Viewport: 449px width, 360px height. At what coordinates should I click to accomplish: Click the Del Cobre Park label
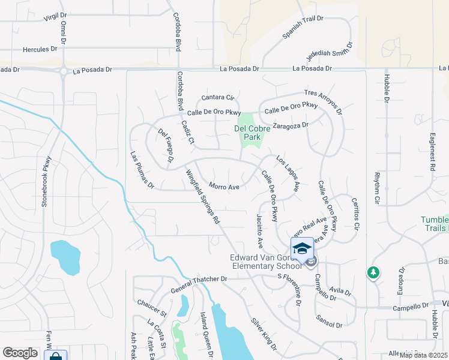point(247,133)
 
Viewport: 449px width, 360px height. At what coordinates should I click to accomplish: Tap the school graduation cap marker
point(301,248)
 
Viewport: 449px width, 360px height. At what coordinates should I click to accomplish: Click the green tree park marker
point(374,273)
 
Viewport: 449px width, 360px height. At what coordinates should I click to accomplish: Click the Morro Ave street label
point(224,187)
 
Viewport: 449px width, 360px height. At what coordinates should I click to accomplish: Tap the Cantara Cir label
point(217,97)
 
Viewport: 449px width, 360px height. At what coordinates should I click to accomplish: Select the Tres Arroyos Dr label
point(323,101)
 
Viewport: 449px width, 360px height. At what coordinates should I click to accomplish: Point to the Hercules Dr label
point(41,50)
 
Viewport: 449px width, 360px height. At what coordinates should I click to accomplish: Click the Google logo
point(20,353)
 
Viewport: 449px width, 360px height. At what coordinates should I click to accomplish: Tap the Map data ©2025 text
point(424,355)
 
